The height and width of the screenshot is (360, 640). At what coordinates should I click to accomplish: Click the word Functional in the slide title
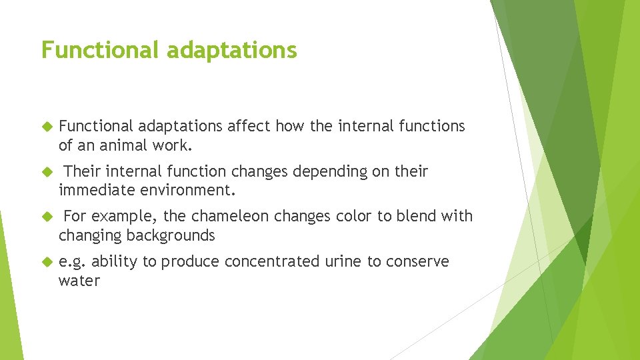pyautogui.click(x=99, y=50)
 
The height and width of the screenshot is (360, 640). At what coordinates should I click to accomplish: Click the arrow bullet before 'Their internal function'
pyautogui.click(x=46, y=172)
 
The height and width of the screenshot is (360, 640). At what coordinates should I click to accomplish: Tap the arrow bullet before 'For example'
pyautogui.click(x=46, y=217)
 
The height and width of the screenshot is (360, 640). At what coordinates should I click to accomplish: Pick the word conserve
pyautogui.click(x=421, y=262)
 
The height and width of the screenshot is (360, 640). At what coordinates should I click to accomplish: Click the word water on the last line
pyautogui.click(x=79, y=281)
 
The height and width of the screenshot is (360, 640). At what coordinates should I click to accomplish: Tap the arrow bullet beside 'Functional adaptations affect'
pyautogui.click(x=46, y=127)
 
